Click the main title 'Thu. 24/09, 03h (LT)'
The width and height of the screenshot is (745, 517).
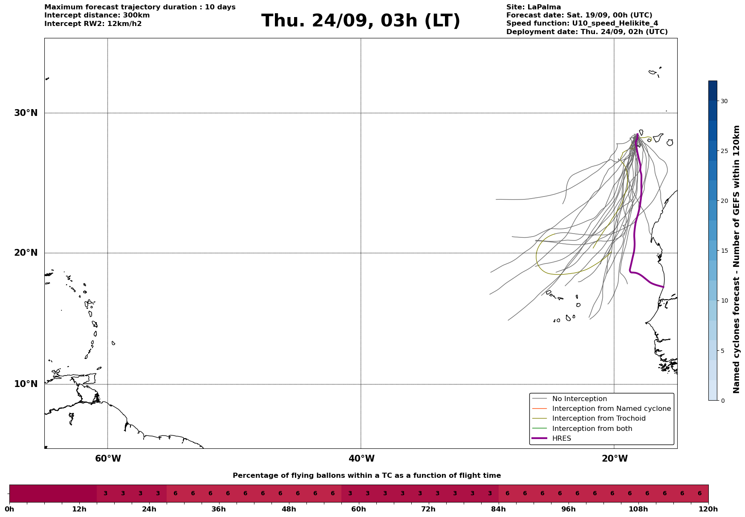(x=361, y=21)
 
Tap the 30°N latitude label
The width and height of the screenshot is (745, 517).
(x=26, y=113)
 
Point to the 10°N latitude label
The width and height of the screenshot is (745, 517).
(x=26, y=384)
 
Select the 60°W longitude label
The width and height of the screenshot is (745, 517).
(x=108, y=459)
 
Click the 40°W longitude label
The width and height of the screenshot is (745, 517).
(x=361, y=459)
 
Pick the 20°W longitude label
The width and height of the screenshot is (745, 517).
(x=615, y=459)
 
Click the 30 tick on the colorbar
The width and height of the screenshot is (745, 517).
(x=724, y=101)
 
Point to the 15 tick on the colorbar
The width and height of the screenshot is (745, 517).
(x=724, y=251)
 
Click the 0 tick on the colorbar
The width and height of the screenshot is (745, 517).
(x=722, y=401)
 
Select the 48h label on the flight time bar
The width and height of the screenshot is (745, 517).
(x=289, y=509)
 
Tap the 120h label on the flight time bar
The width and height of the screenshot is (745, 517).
(x=708, y=509)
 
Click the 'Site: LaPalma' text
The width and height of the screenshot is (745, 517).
(x=534, y=7)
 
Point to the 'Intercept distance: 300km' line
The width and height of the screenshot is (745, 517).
(x=97, y=15)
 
